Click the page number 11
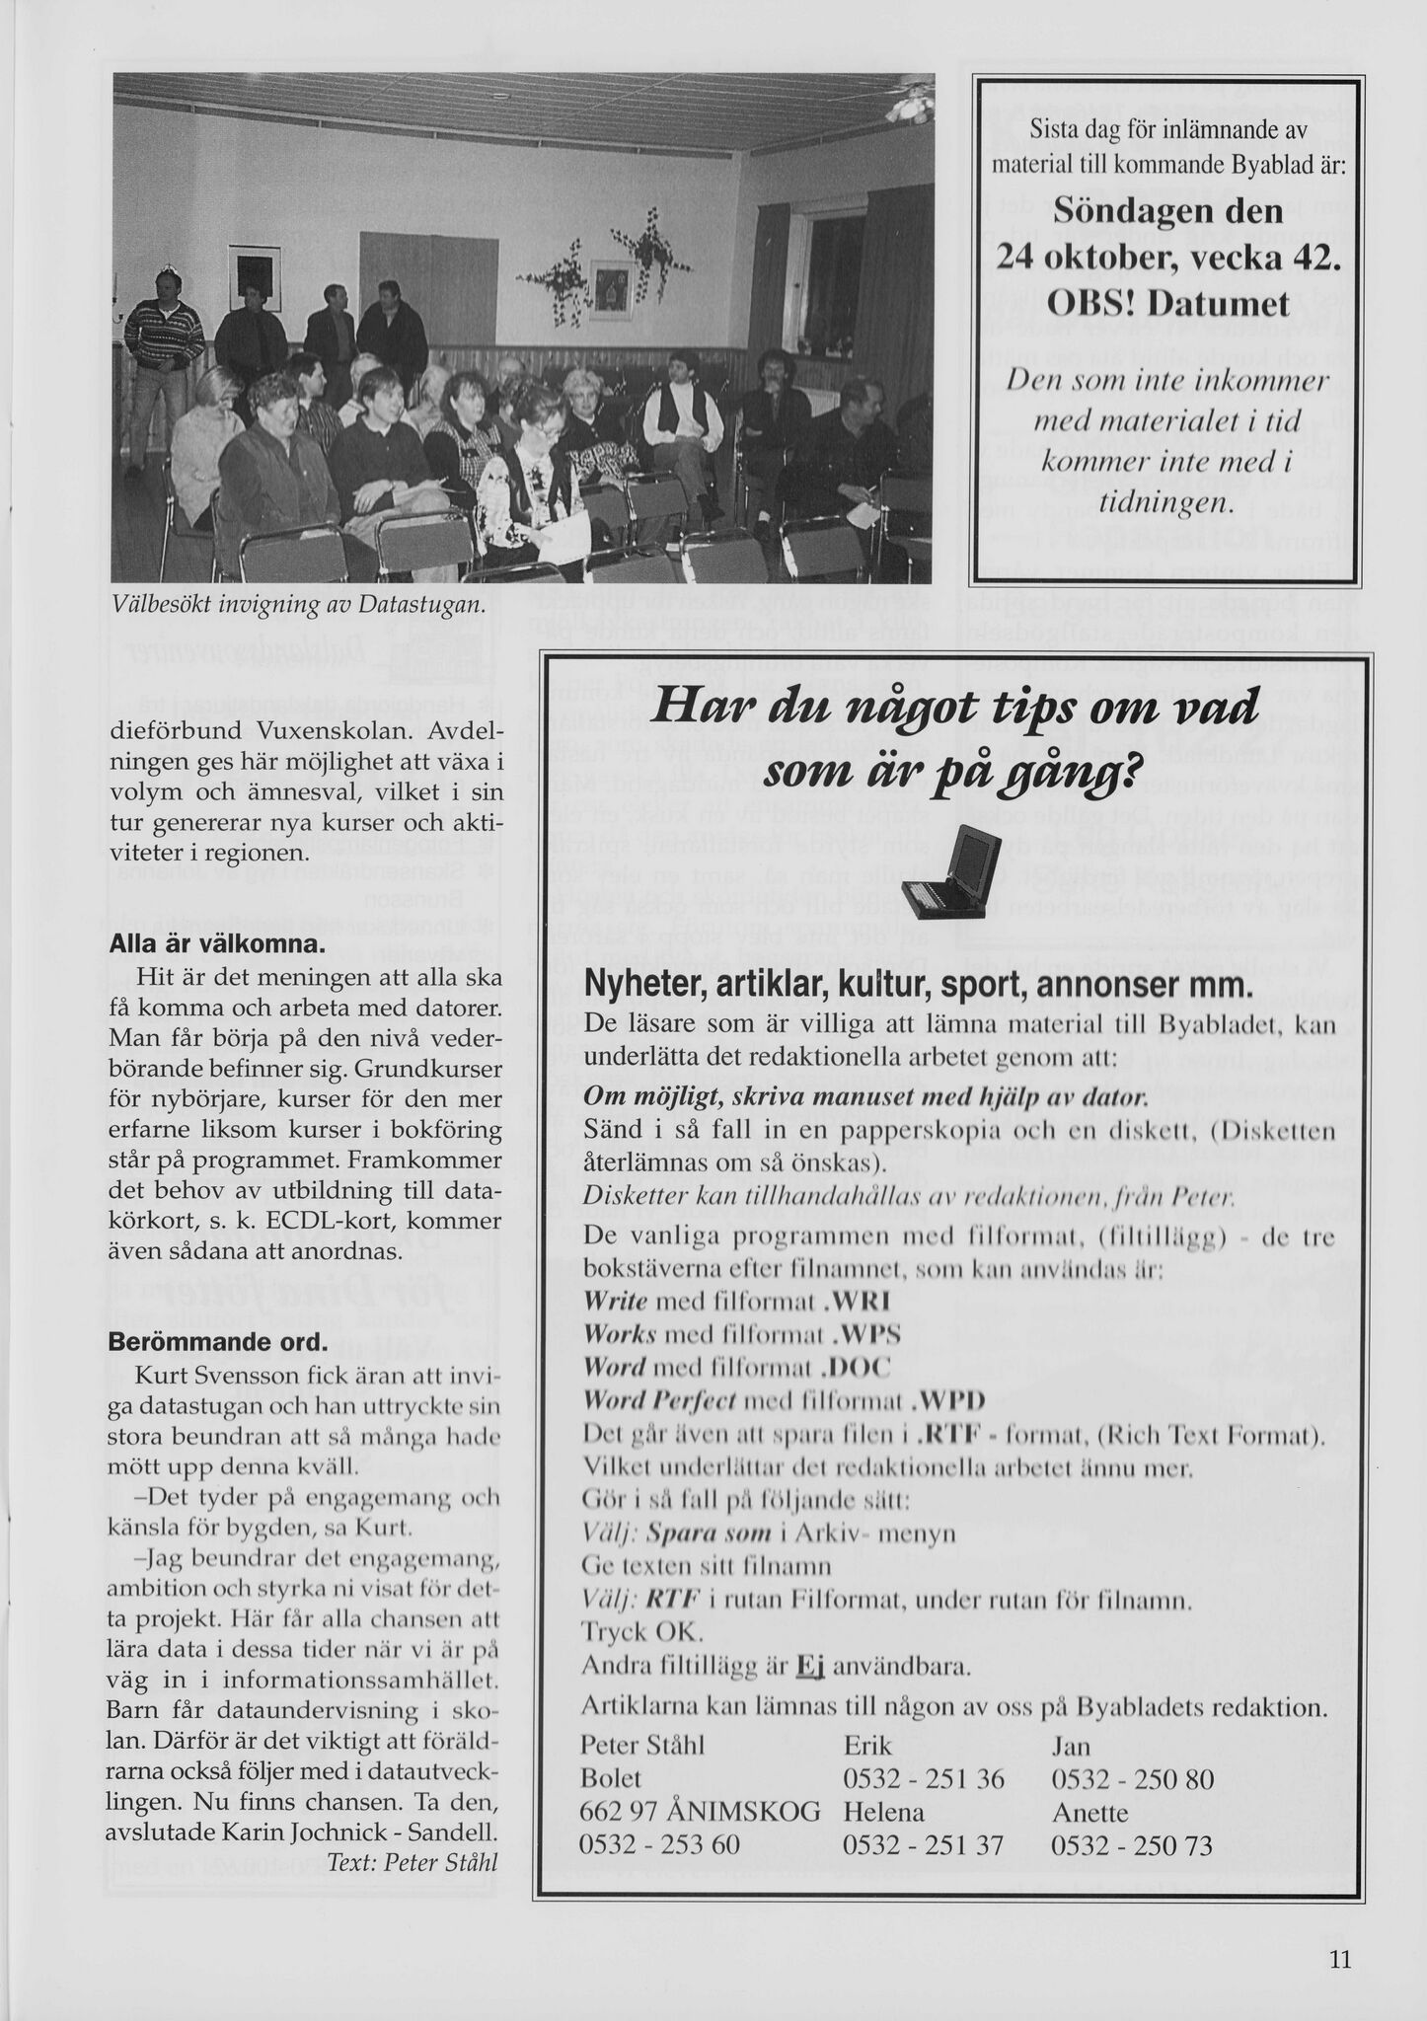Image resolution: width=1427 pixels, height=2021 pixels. [1338, 1959]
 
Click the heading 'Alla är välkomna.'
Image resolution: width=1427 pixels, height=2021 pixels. [216, 943]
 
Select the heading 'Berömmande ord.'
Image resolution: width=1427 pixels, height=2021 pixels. [215, 1343]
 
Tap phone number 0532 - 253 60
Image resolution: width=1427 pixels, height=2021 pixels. [660, 1843]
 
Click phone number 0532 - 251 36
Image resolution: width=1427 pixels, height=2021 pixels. [924, 1779]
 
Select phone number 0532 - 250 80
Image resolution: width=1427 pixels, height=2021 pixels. [1132, 1779]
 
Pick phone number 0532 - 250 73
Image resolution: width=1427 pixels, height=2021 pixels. [1132, 1843]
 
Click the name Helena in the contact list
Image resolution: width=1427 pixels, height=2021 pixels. [884, 1812]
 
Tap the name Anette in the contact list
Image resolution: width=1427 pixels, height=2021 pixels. [1090, 1812]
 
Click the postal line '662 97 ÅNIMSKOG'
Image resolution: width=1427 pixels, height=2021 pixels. [701, 1812]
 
